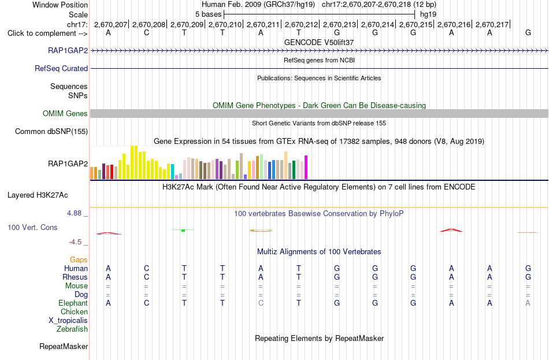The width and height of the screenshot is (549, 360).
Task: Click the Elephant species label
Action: coord(73,303)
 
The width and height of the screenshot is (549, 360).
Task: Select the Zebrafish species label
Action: coord(72,329)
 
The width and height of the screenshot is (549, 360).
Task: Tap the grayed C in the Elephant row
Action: coord(261,303)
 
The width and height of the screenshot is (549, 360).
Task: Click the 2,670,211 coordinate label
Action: coord(263,24)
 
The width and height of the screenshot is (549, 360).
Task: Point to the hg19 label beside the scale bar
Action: coord(428,14)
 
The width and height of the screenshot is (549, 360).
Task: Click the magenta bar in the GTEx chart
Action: coord(306,168)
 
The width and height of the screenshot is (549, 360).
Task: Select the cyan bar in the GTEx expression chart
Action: coord(172,172)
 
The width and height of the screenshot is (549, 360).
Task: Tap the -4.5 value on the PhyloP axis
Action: coord(75,242)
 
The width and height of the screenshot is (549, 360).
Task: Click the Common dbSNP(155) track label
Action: coord(51,131)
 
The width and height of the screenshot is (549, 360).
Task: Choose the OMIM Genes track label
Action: coord(65,113)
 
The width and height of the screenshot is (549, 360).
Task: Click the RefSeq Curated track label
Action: coord(61,68)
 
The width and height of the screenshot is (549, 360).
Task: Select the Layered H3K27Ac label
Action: coord(38,195)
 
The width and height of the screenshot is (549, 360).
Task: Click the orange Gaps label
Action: coord(79,259)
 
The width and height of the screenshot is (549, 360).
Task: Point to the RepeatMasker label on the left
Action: coord(64,346)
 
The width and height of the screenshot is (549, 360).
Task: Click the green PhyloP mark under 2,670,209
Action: coord(183,230)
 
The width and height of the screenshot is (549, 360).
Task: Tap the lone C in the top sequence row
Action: coord(146,32)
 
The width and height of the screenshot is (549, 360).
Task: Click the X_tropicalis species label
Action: coord(68,321)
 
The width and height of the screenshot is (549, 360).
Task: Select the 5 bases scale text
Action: coord(208,14)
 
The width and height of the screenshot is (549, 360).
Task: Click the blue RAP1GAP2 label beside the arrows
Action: coord(68,50)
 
